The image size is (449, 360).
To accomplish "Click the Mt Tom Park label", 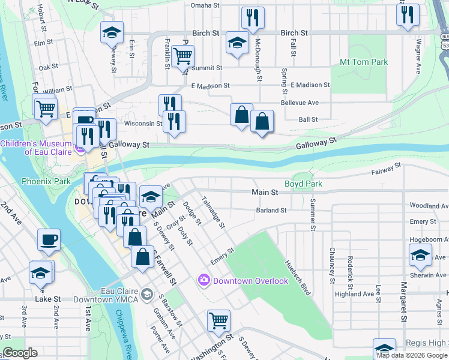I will tap(364, 62).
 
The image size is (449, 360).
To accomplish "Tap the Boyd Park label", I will tap(303, 184).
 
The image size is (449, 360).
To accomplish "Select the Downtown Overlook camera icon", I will tap(203, 280).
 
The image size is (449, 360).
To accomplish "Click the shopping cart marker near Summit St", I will tap(182, 57).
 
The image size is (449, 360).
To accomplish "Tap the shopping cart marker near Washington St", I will tap(218, 320).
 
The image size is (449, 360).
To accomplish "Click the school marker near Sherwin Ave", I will tap(420, 254).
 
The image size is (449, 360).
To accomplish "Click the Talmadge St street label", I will tap(213, 212).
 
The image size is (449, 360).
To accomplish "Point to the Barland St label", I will tap(271, 211).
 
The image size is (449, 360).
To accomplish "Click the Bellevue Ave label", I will tap(304, 103).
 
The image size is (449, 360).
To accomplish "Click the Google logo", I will tap(19, 353).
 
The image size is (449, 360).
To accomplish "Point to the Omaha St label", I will tap(205, 5).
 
